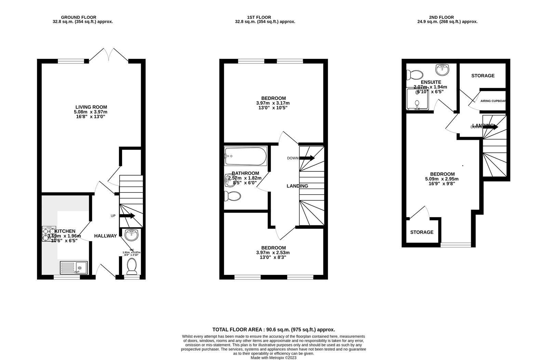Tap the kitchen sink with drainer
[x=74, y=267]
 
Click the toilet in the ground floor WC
[x=132, y=266]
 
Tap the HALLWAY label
[x=105, y=236]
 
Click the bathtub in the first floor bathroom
[x=245, y=156]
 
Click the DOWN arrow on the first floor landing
[x=307, y=158]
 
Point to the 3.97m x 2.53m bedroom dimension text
[x=273, y=253]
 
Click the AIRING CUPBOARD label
[x=493, y=101]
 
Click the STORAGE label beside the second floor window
[x=422, y=232]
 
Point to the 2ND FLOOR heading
[x=441, y=17]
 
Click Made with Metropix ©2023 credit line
[x=273, y=358]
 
